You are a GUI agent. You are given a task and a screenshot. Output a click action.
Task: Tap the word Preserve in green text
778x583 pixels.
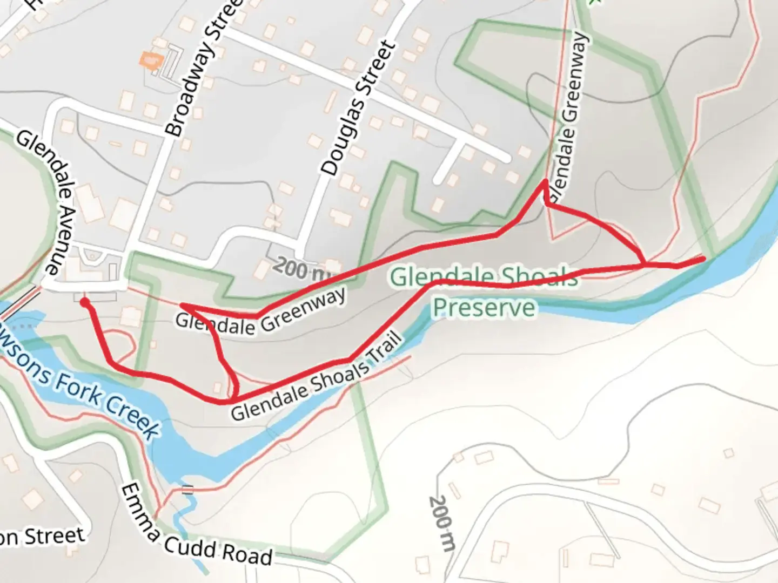484,308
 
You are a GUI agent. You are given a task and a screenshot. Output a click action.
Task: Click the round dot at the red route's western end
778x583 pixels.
84,302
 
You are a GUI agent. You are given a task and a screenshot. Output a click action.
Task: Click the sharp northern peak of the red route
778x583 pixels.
545,182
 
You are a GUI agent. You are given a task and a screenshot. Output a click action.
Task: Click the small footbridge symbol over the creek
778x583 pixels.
187,490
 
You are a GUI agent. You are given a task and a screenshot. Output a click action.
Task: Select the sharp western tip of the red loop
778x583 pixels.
182,306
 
